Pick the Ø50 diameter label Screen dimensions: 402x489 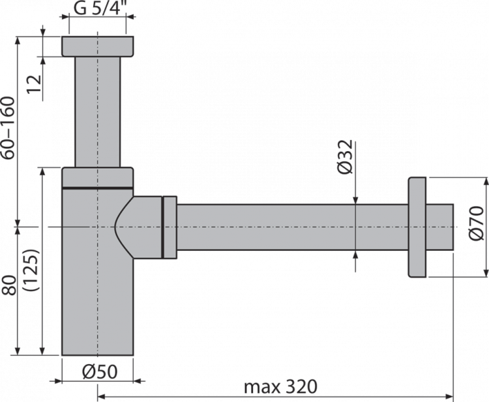point(98,371)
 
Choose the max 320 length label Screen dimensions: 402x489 point(281,387)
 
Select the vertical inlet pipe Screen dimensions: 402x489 point(98,111)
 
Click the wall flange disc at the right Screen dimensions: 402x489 point(417,226)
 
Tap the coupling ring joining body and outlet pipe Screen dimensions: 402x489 point(169,226)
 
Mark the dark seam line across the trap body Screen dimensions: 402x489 point(98,187)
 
